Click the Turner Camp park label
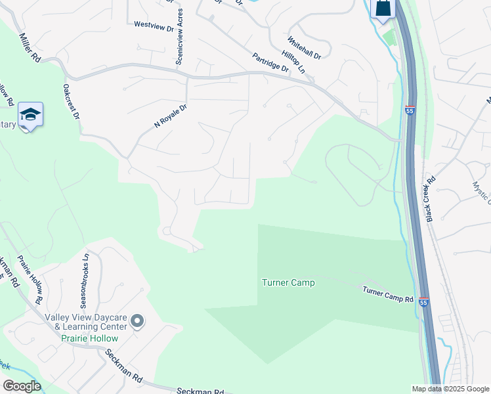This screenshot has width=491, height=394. pyautogui.click(x=288, y=283)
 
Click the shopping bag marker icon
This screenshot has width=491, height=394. pyautogui.click(x=383, y=9)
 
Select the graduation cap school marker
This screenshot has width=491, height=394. pyautogui.click(x=30, y=115)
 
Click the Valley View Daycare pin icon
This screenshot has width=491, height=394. pyautogui.click(x=137, y=321)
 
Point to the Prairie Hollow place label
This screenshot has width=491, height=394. pyautogui.click(x=85, y=339)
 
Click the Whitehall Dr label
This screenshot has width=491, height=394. pyautogui.click(x=304, y=48)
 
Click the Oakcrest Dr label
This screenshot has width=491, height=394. pyautogui.click(x=71, y=100)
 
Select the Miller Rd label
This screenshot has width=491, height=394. pyautogui.click(x=30, y=48)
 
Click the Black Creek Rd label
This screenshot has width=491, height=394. pyautogui.click(x=431, y=198)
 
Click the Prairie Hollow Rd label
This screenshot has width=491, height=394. pyautogui.click(x=30, y=280)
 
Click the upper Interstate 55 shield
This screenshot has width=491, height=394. pyautogui.click(x=410, y=111)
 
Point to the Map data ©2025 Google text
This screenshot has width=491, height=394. pyautogui.click(x=450, y=389)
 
